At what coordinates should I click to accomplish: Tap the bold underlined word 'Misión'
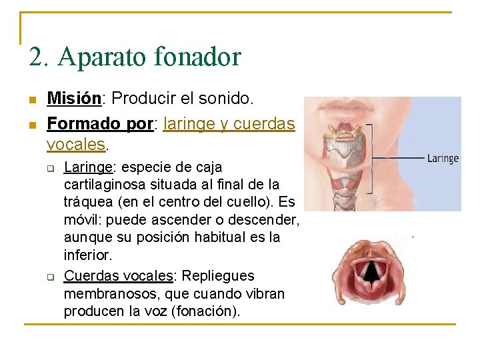(73, 99)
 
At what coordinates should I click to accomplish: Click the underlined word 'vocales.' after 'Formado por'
(76, 143)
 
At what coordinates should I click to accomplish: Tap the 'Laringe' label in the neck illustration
(443, 159)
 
